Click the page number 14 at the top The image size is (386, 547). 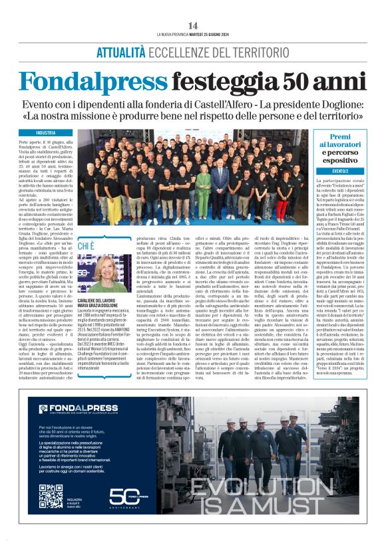click(x=194, y=25)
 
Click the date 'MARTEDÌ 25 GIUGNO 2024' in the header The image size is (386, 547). click(x=212, y=34)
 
